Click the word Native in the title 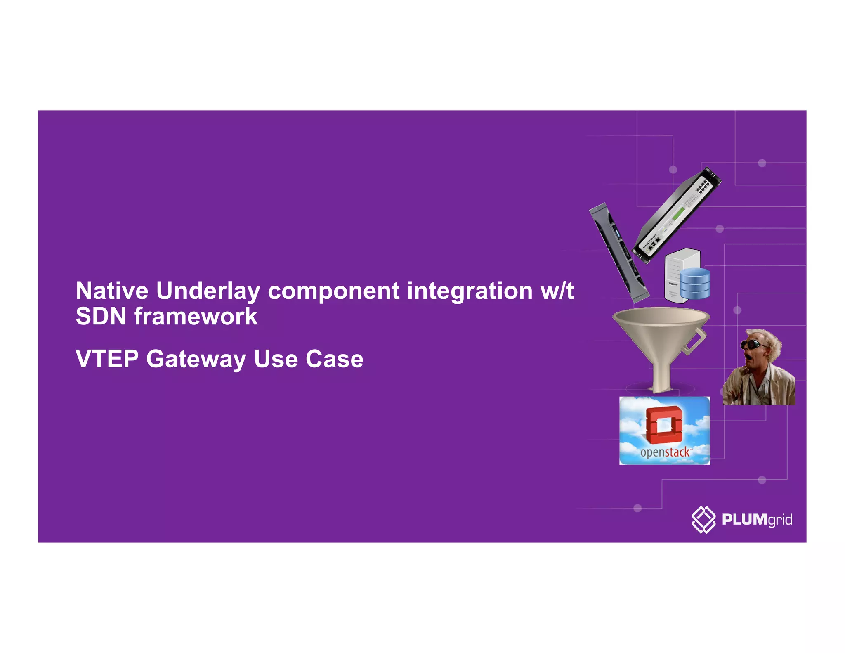pos(112,291)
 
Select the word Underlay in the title pos(208,291)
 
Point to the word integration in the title pos(470,291)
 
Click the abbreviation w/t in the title pos(557,291)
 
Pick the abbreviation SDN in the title pos(101,317)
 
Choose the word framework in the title pos(196,317)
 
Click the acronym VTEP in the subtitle pos(107,359)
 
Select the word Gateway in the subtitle pos(196,360)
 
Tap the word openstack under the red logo pos(665,452)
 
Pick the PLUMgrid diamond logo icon pos(703,519)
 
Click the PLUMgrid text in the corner pos(757,519)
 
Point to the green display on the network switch pos(679,214)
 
